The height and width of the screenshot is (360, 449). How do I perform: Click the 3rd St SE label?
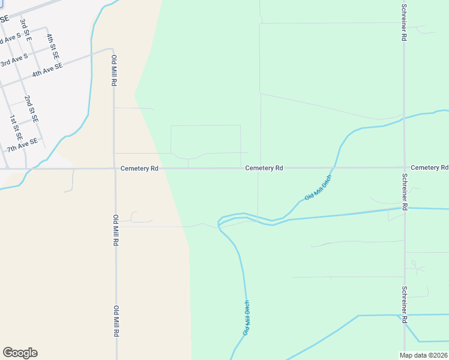(26, 29)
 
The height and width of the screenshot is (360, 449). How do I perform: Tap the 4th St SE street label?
(53, 43)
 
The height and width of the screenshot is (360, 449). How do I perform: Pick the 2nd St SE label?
(31, 109)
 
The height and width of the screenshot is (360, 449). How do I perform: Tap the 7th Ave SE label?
(22, 145)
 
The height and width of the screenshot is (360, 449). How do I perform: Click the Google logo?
(20, 353)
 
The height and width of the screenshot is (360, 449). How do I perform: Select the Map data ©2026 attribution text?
(424, 355)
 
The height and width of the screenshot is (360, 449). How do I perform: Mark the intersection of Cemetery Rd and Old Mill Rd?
(115, 169)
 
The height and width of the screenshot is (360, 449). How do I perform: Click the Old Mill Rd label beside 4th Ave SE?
(114, 71)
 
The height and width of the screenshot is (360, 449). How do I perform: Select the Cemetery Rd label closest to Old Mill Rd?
(139, 169)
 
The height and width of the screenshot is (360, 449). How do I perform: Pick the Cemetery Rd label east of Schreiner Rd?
(430, 167)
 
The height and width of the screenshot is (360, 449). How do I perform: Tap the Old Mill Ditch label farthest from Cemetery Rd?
(246, 318)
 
